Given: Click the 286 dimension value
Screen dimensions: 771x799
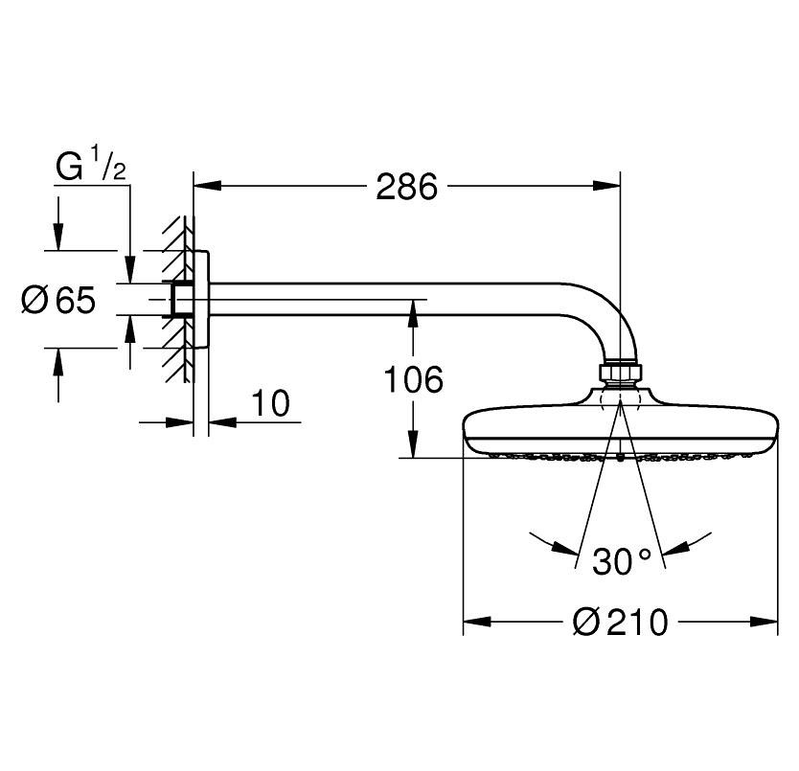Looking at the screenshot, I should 406,187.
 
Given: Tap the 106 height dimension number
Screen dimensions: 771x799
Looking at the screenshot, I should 414,380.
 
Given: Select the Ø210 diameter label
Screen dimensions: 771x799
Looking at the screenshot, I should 620,623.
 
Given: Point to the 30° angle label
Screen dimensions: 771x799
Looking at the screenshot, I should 621,561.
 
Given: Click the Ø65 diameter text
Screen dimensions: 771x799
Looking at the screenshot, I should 59,301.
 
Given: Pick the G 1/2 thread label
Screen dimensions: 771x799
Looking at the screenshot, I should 91,168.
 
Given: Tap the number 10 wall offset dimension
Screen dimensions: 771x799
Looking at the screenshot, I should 272,403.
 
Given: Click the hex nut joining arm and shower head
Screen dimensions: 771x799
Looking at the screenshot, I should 621,373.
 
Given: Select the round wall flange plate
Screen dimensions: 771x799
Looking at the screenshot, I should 201,300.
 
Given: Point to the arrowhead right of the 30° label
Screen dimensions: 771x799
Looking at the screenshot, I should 675,549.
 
